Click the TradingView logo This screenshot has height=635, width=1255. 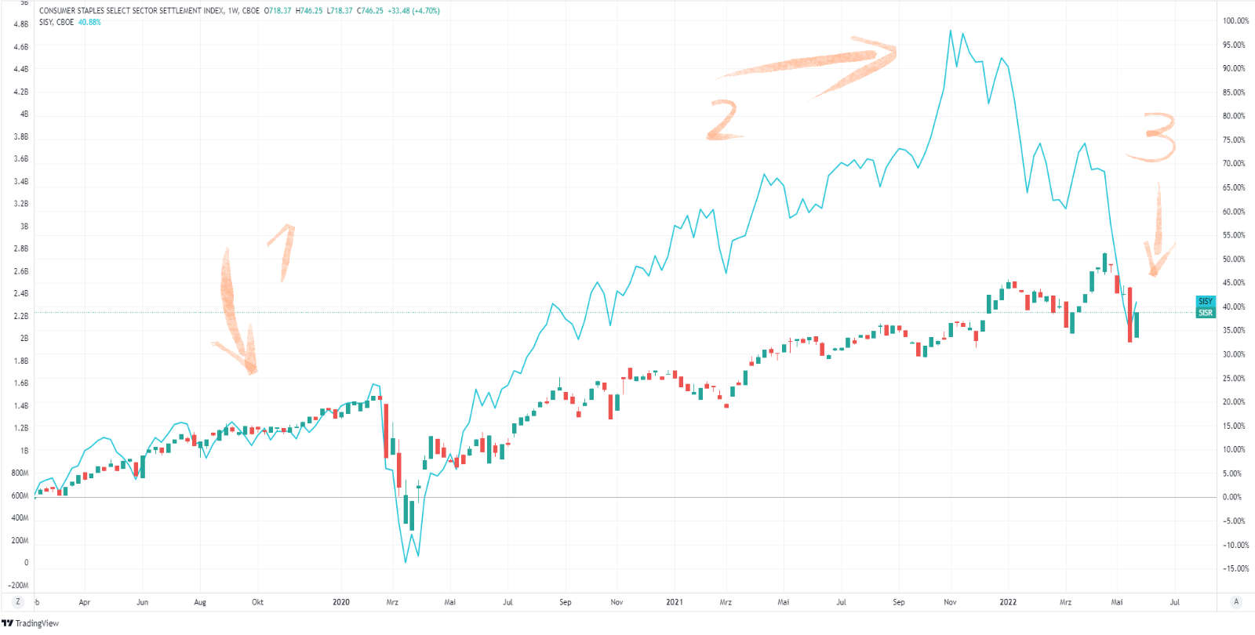click(30, 623)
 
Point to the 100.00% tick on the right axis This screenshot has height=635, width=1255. click(1235, 21)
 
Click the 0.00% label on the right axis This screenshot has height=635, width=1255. click(1232, 497)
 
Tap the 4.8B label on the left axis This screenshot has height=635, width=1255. click(21, 24)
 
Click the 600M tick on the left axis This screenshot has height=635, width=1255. click(20, 495)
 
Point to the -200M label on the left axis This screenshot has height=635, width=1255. click(18, 585)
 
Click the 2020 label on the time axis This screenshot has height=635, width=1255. click(341, 602)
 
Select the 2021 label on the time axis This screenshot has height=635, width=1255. click(675, 602)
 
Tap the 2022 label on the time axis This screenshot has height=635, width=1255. click(1008, 602)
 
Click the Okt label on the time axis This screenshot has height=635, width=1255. click(257, 602)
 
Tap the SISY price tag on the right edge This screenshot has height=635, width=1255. click(1206, 301)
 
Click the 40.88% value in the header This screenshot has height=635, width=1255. click(89, 22)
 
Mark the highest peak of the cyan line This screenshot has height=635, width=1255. click(951, 31)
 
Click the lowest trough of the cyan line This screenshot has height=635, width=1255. click(406, 561)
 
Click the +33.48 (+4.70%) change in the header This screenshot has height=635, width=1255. click(413, 11)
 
